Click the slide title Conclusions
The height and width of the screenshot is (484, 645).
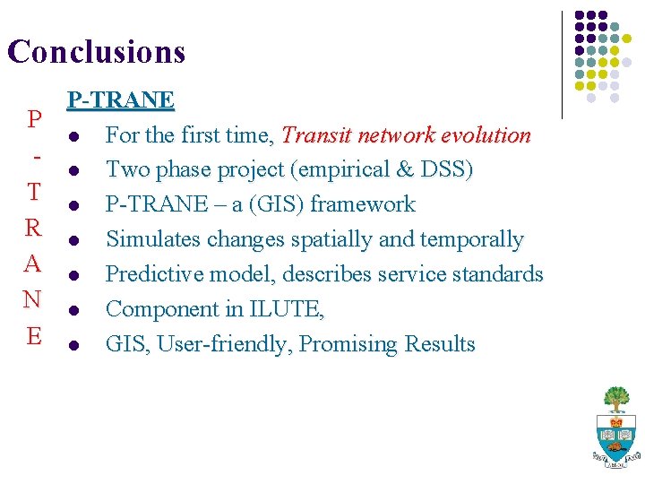point(96,51)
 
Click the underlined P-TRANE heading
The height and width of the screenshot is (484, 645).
point(121,99)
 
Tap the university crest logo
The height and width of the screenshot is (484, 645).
point(616,428)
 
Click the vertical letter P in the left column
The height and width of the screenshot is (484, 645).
point(34,119)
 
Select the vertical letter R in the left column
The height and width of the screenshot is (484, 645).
point(34,228)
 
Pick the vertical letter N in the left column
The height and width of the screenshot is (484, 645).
point(34,299)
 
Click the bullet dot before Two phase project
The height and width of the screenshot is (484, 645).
point(73,170)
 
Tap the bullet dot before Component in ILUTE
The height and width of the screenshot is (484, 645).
point(73,310)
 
